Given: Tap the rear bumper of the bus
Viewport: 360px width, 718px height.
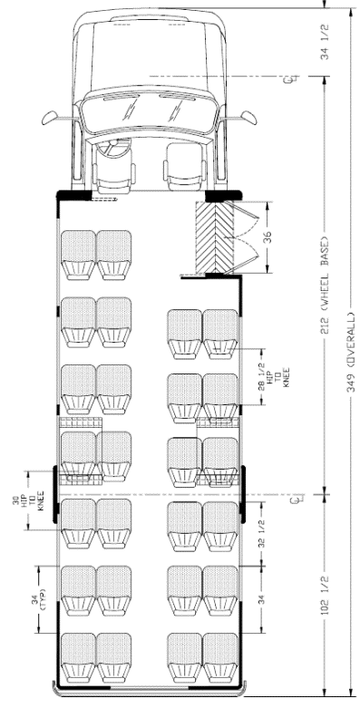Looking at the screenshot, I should click(150, 693).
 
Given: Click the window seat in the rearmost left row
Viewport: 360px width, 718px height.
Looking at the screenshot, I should click(77, 657).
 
